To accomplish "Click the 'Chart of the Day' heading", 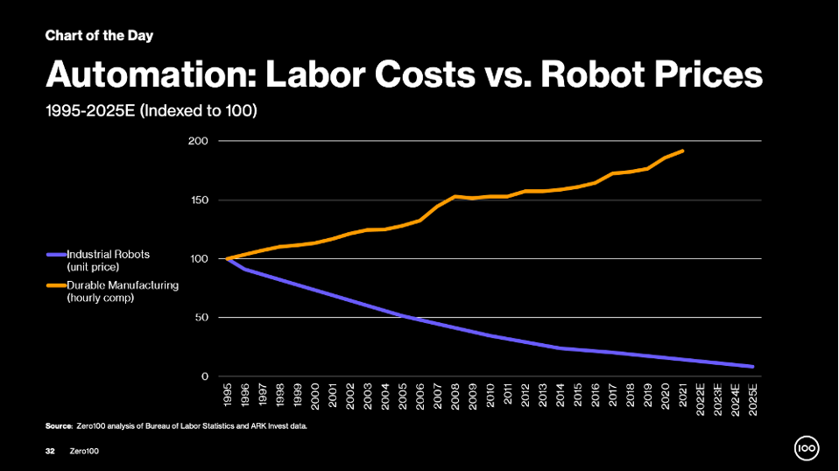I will pyautogui.click(x=99, y=36).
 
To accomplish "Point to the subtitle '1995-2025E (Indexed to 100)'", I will pyautogui.click(x=151, y=111).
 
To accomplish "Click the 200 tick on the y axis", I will pyautogui.click(x=199, y=141).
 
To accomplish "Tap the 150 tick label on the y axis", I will pyautogui.click(x=199, y=200).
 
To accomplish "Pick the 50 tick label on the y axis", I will pyautogui.click(x=202, y=318).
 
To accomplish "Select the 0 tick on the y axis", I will pyautogui.click(x=205, y=376).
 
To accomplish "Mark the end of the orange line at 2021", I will pyautogui.click(x=682, y=151).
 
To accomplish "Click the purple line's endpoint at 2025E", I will pyautogui.click(x=752, y=367).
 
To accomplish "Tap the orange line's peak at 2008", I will pyautogui.click(x=455, y=196).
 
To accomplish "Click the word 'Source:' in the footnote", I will pyautogui.click(x=59, y=425).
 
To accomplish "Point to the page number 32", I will pyautogui.click(x=50, y=449).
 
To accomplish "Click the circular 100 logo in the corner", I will pyautogui.click(x=806, y=449).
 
